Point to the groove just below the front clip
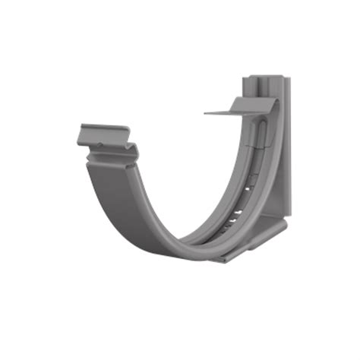coord(112,155)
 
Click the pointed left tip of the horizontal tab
coord(205,114)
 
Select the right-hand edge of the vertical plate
coord(291,152)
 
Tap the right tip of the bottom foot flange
coord(286,223)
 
